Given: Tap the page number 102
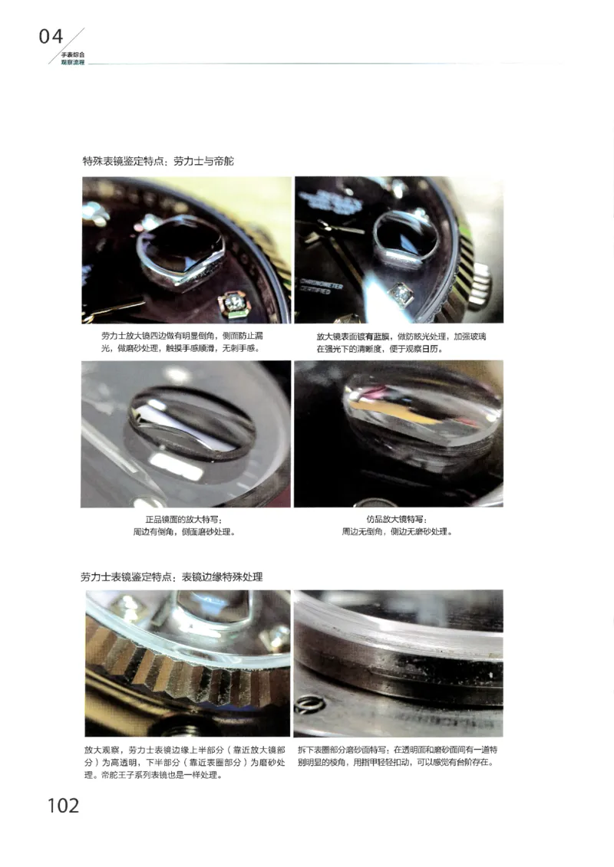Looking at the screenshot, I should (63, 805).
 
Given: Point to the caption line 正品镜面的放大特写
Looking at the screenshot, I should (185, 520).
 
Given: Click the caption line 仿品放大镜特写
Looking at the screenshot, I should (397, 520).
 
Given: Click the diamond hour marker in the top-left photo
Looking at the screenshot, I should (236, 304).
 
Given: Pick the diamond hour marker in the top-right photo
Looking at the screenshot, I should (400, 292).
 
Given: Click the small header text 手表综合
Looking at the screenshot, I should (73, 55).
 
